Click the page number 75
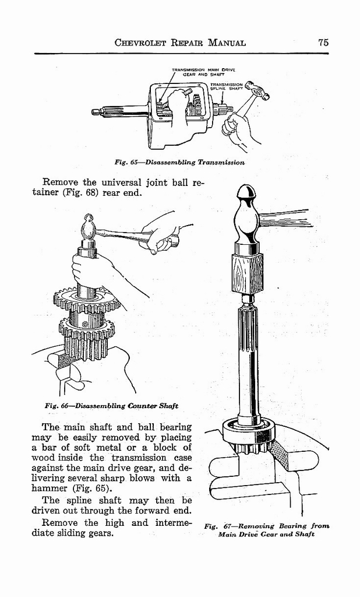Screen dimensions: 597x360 click(x=324, y=42)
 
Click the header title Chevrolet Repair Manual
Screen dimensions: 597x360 click(x=180, y=43)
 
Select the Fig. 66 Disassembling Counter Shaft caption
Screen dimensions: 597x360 click(x=111, y=406)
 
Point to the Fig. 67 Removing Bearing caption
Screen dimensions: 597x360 click(x=267, y=529)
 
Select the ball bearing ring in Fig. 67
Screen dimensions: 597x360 click(x=246, y=431)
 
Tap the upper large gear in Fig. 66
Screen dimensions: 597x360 click(x=86, y=300)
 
